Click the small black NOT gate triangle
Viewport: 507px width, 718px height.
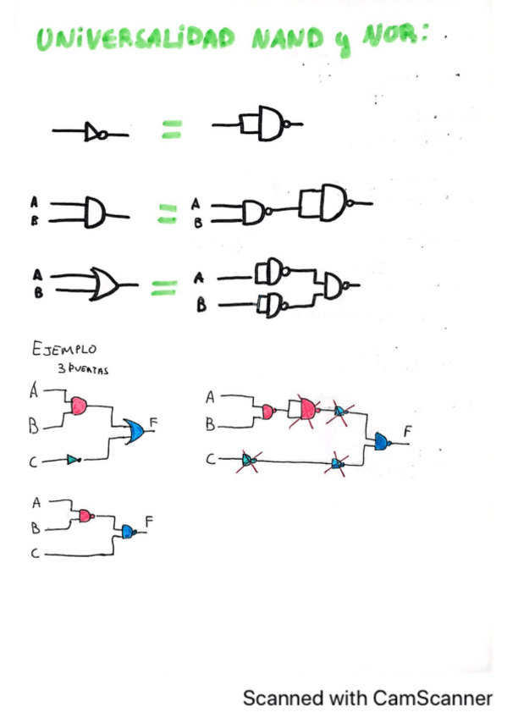point(92,132)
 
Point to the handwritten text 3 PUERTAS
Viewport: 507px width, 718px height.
point(92,369)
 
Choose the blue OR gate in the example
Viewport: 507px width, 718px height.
point(134,432)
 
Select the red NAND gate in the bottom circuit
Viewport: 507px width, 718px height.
point(85,516)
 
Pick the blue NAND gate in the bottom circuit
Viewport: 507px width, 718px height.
point(127,532)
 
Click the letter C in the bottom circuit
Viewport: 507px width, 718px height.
point(36,553)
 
